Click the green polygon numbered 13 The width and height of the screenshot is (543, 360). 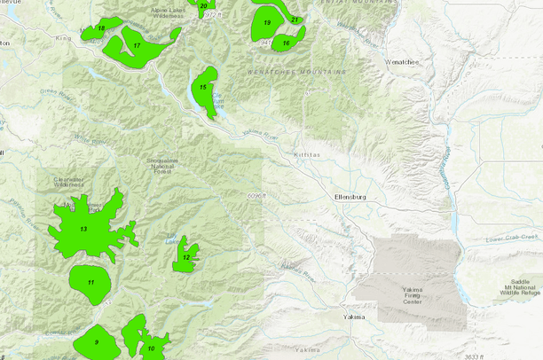click(84, 230)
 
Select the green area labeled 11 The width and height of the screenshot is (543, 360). click(90, 282)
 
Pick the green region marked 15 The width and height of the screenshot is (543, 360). click(204, 89)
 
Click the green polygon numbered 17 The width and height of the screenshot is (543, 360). click(138, 46)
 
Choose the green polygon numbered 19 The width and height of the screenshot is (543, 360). click(266, 23)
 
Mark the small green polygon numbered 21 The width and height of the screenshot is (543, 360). click(295, 18)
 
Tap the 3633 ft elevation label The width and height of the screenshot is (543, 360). click(475, 356)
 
